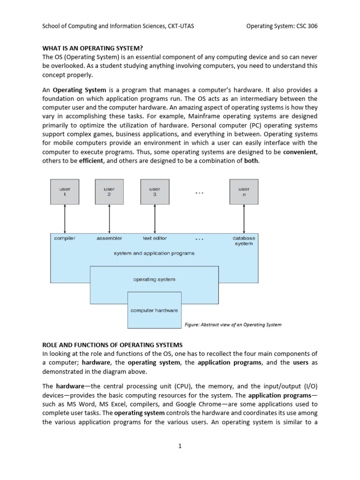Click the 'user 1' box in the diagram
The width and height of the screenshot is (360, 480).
(x=65, y=191)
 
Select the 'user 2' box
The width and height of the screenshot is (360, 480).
(x=109, y=191)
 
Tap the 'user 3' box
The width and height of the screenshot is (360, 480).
(x=154, y=191)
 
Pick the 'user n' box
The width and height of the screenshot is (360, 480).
(x=243, y=191)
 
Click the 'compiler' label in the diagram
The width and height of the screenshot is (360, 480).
(x=65, y=238)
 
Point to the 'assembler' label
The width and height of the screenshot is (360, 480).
(x=109, y=238)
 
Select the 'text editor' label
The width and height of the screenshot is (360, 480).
(x=155, y=238)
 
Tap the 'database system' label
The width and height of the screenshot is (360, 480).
(x=244, y=241)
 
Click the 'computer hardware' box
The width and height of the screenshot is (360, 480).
(x=154, y=310)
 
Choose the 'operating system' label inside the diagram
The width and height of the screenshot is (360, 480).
(x=154, y=279)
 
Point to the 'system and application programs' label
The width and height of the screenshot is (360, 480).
(x=154, y=253)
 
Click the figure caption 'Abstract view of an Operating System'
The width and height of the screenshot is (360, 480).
(x=231, y=324)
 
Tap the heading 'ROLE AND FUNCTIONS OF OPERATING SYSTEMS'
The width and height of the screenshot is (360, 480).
(x=112, y=345)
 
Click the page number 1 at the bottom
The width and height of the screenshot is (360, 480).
(x=180, y=446)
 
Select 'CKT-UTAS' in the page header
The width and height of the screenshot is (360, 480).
(x=180, y=26)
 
